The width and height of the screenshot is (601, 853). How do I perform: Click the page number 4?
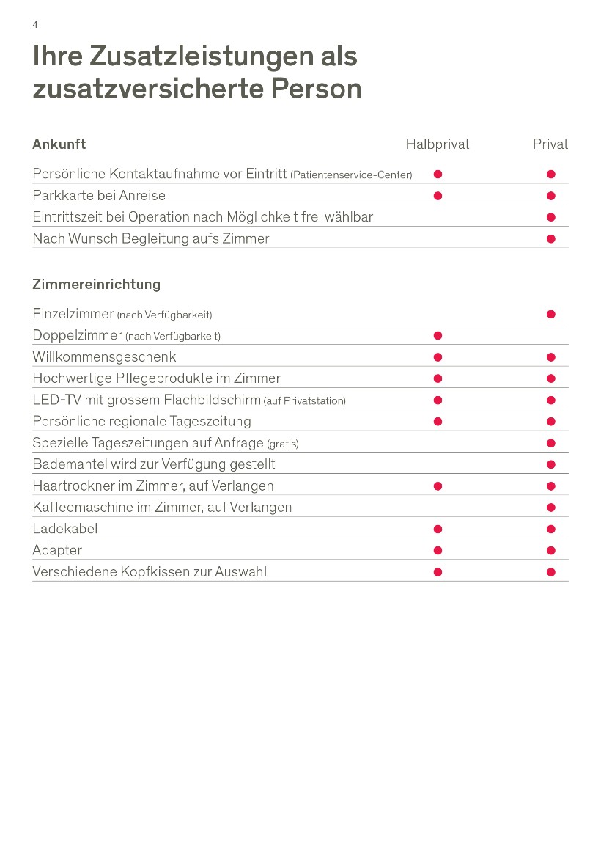pyautogui.click(x=35, y=25)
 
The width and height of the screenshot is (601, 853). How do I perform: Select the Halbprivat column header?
pyautogui.click(x=438, y=144)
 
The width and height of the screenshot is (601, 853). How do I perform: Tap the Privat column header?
pyautogui.click(x=550, y=144)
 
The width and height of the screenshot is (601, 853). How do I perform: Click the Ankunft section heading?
pyautogui.click(x=59, y=144)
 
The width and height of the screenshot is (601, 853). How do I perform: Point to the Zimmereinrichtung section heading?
pyautogui.click(x=96, y=284)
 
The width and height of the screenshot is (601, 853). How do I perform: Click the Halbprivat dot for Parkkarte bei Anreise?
pyautogui.click(x=438, y=196)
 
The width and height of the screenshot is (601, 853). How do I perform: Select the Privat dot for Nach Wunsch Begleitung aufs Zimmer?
pyautogui.click(x=551, y=239)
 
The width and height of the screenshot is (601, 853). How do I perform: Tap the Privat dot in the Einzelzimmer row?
pyautogui.click(x=551, y=315)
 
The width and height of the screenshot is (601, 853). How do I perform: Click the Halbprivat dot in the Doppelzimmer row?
pyautogui.click(x=438, y=336)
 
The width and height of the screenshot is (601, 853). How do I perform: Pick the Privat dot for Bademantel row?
pyautogui.click(x=551, y=465)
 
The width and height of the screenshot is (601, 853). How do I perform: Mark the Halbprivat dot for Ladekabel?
pyautogui.click(x=438, y=530)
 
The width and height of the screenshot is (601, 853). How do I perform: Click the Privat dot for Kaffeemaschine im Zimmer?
pyautogui.click(x=551, y=508)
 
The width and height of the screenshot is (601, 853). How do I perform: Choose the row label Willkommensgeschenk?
pyautogui.click(x=104, y=357)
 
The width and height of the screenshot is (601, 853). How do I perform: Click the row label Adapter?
pyautogui.click(x=57, y=550)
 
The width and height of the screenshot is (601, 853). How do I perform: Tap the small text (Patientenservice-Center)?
pyautogui.click(x=351, y=175)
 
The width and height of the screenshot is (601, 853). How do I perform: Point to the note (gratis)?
pyautogui.click(x=283, y=444)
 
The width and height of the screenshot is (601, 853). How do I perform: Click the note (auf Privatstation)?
pyautogui.click(x=304, y=401)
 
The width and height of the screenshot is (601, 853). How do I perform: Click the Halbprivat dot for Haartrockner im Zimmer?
pyautogui.click(x=438, y=486)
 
